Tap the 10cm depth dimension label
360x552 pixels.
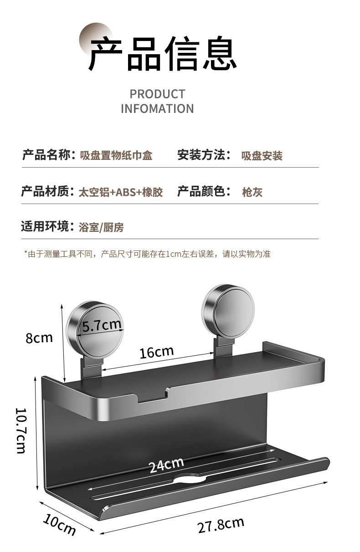click(x=59, y=524)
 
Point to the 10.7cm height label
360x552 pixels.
click(x=21, y=430)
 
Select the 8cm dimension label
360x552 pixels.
click(x=39, y=338)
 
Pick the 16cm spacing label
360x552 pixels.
click(x=156, y=352)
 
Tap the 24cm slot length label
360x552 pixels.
click(x=166, y=465)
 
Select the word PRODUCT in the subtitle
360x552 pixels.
click(x=157, y=94)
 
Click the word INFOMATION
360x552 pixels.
click(x=157, y=109)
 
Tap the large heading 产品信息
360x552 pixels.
click(x=162, y=54)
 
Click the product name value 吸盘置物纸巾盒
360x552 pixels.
click(x=116, y=156)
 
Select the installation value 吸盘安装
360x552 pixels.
click(x=262, y=156)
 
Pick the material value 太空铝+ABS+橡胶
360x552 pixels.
click(x=120, y=192)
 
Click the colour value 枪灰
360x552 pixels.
click(x=252, y=192)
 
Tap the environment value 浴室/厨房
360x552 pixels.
click(x=101, y=227)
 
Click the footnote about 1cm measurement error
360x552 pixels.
click(x=147, y=254)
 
